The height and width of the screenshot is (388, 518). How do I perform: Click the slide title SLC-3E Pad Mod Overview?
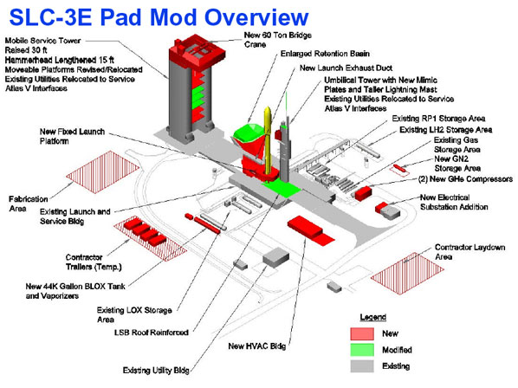coord(159,17)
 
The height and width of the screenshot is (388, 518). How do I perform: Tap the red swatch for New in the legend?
coord(362,333)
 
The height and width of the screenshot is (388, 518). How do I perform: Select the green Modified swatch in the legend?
coord(362,350)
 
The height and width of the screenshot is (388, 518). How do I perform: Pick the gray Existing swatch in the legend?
coord(362,365)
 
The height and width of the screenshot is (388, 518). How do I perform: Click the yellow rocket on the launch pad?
coord(268,142)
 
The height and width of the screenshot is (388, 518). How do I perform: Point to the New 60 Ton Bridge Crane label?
coord(278,40)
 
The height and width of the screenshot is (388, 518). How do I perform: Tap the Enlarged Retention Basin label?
coord(325,54)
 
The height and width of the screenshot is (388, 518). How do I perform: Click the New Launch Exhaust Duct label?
coord(346,68)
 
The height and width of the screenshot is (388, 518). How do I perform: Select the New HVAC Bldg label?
coord(257,346)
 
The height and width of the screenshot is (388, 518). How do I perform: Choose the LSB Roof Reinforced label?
coord(152,333)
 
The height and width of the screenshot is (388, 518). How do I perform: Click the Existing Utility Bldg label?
coord(156,371)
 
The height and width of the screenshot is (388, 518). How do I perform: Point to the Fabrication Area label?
coord(29,204)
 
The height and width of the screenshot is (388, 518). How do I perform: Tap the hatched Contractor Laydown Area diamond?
coord(407,274)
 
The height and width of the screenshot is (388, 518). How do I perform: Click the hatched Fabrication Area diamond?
coord(103,172)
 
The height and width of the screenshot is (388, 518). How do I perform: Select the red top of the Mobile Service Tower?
coord(197,55)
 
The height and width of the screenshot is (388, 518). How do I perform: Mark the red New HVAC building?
coord(310,230)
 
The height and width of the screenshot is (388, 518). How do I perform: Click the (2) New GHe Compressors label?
coord(465,179)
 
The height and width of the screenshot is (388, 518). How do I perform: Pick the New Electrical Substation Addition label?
coord(454,202)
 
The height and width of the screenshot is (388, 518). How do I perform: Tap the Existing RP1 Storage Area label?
coord(438,119)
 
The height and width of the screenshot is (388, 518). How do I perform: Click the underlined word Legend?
coord(373,317)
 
